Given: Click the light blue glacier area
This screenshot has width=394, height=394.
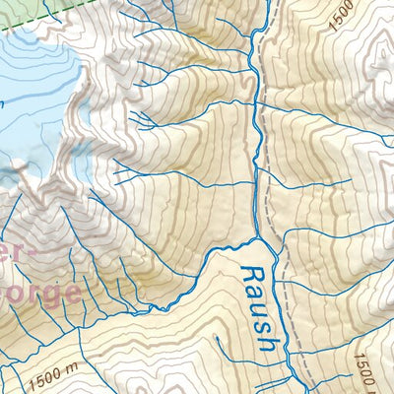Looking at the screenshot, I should (x=30, y=89).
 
